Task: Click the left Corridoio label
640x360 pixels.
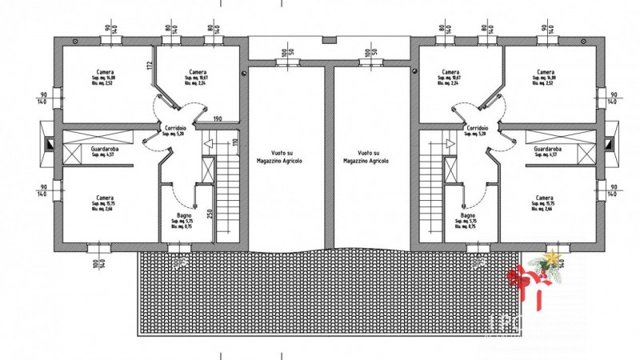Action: (175, 127)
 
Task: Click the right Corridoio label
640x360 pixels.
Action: (477, 127)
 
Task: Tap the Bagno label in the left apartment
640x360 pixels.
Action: (183, 216)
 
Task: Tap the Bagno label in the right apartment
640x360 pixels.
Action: (469, 216)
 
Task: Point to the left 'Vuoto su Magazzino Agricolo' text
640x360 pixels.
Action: (286, 155)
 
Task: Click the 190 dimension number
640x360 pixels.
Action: (218, 119)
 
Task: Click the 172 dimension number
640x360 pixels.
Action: (150, 66)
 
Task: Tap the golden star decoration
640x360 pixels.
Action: (550, 258)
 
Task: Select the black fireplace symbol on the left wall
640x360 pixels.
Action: (49, 144)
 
